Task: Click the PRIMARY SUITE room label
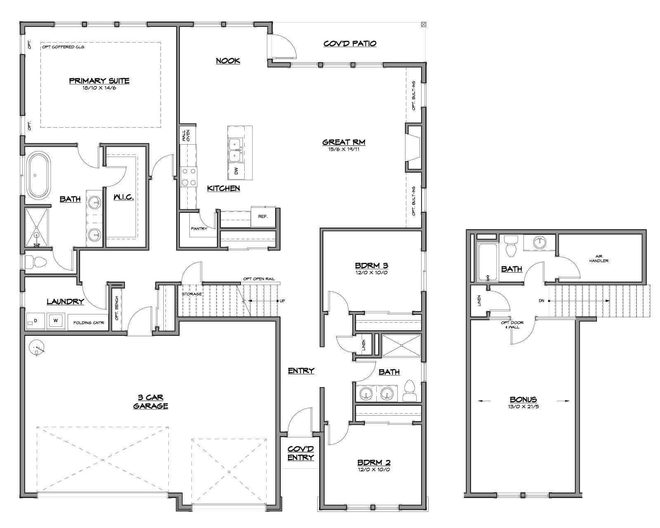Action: [x=99, y=81]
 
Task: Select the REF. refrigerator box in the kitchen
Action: [x=263, y=216]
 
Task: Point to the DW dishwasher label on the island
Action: [x=236, y=171]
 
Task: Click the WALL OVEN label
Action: [x=186, y=135]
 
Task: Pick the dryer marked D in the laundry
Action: [x=35, y=321]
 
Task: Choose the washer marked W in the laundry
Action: [x=56, y=321]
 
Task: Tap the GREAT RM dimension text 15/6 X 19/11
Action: [x=344, y=149]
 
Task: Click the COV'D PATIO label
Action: [x=350, y=44]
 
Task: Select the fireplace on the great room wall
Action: [x=414, y=147]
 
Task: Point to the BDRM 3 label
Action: [x=371, y=265]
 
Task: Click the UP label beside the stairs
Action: [x=282, y=301]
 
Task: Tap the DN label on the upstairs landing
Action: [x=541, y=301]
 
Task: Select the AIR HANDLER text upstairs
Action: [x=599, y=259]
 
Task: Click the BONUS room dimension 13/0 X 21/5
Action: [x=523, y=407]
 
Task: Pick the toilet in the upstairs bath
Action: [x=511, y=246]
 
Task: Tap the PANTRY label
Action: [x=199, y=228]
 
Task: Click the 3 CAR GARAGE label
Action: [x=151, y=402]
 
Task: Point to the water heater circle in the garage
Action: [x=36, y=347]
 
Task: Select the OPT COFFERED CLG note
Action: [x=63, y=47]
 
